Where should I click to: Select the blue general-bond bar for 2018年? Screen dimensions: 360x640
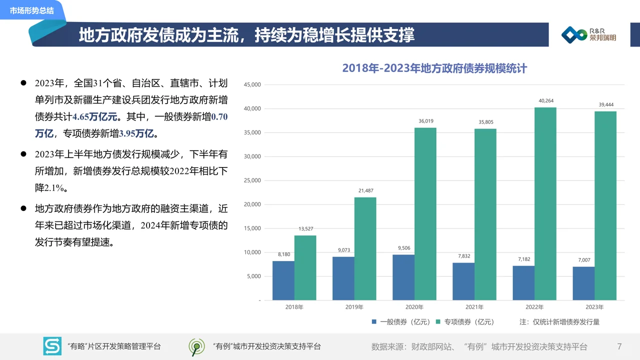(283, 280)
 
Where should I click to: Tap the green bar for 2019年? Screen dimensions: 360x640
(365, 248)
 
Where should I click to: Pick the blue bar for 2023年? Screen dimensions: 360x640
(583, 283)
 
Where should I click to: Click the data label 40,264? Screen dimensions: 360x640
(546, 101)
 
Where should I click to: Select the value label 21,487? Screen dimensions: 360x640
(366, 190)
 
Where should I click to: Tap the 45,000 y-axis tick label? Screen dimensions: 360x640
(252, 85)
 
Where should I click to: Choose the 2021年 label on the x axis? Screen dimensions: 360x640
(474, 307)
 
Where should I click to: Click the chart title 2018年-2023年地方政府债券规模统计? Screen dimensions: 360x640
(434, 68)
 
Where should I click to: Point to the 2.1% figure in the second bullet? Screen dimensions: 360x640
(50, 188)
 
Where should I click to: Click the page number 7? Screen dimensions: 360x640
(619, 346)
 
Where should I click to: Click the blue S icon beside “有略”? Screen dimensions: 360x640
(52, 346)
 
